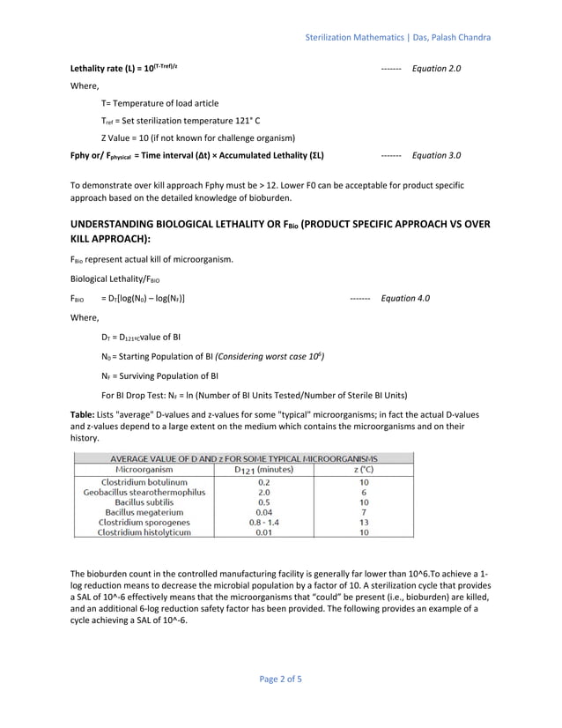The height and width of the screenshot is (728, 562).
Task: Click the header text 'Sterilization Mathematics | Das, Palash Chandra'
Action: click(x=397, y=38)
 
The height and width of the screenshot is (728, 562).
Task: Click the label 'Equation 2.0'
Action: click(x=436, y=68)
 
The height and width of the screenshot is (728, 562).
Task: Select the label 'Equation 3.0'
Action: click(x=436, y=155)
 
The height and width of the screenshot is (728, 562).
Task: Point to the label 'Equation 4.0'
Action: click(x=405, y=298)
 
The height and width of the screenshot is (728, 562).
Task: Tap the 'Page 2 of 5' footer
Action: click(x=281, y=679)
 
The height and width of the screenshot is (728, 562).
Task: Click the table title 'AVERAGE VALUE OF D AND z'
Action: click(x=243, y=459)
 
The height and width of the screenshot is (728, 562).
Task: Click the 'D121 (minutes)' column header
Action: click(x=263, y=470)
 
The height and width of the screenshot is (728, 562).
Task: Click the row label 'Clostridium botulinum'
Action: click(x=144, y=482)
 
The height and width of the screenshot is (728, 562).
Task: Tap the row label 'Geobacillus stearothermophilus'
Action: click(x=144, y=493)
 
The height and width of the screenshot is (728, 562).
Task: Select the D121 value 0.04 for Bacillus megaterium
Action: click(x=263, y=512)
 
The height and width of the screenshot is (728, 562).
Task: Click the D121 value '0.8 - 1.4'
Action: click(x=263, y=523)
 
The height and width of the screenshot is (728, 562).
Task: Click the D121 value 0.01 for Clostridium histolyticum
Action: click(x=263, y=532)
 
